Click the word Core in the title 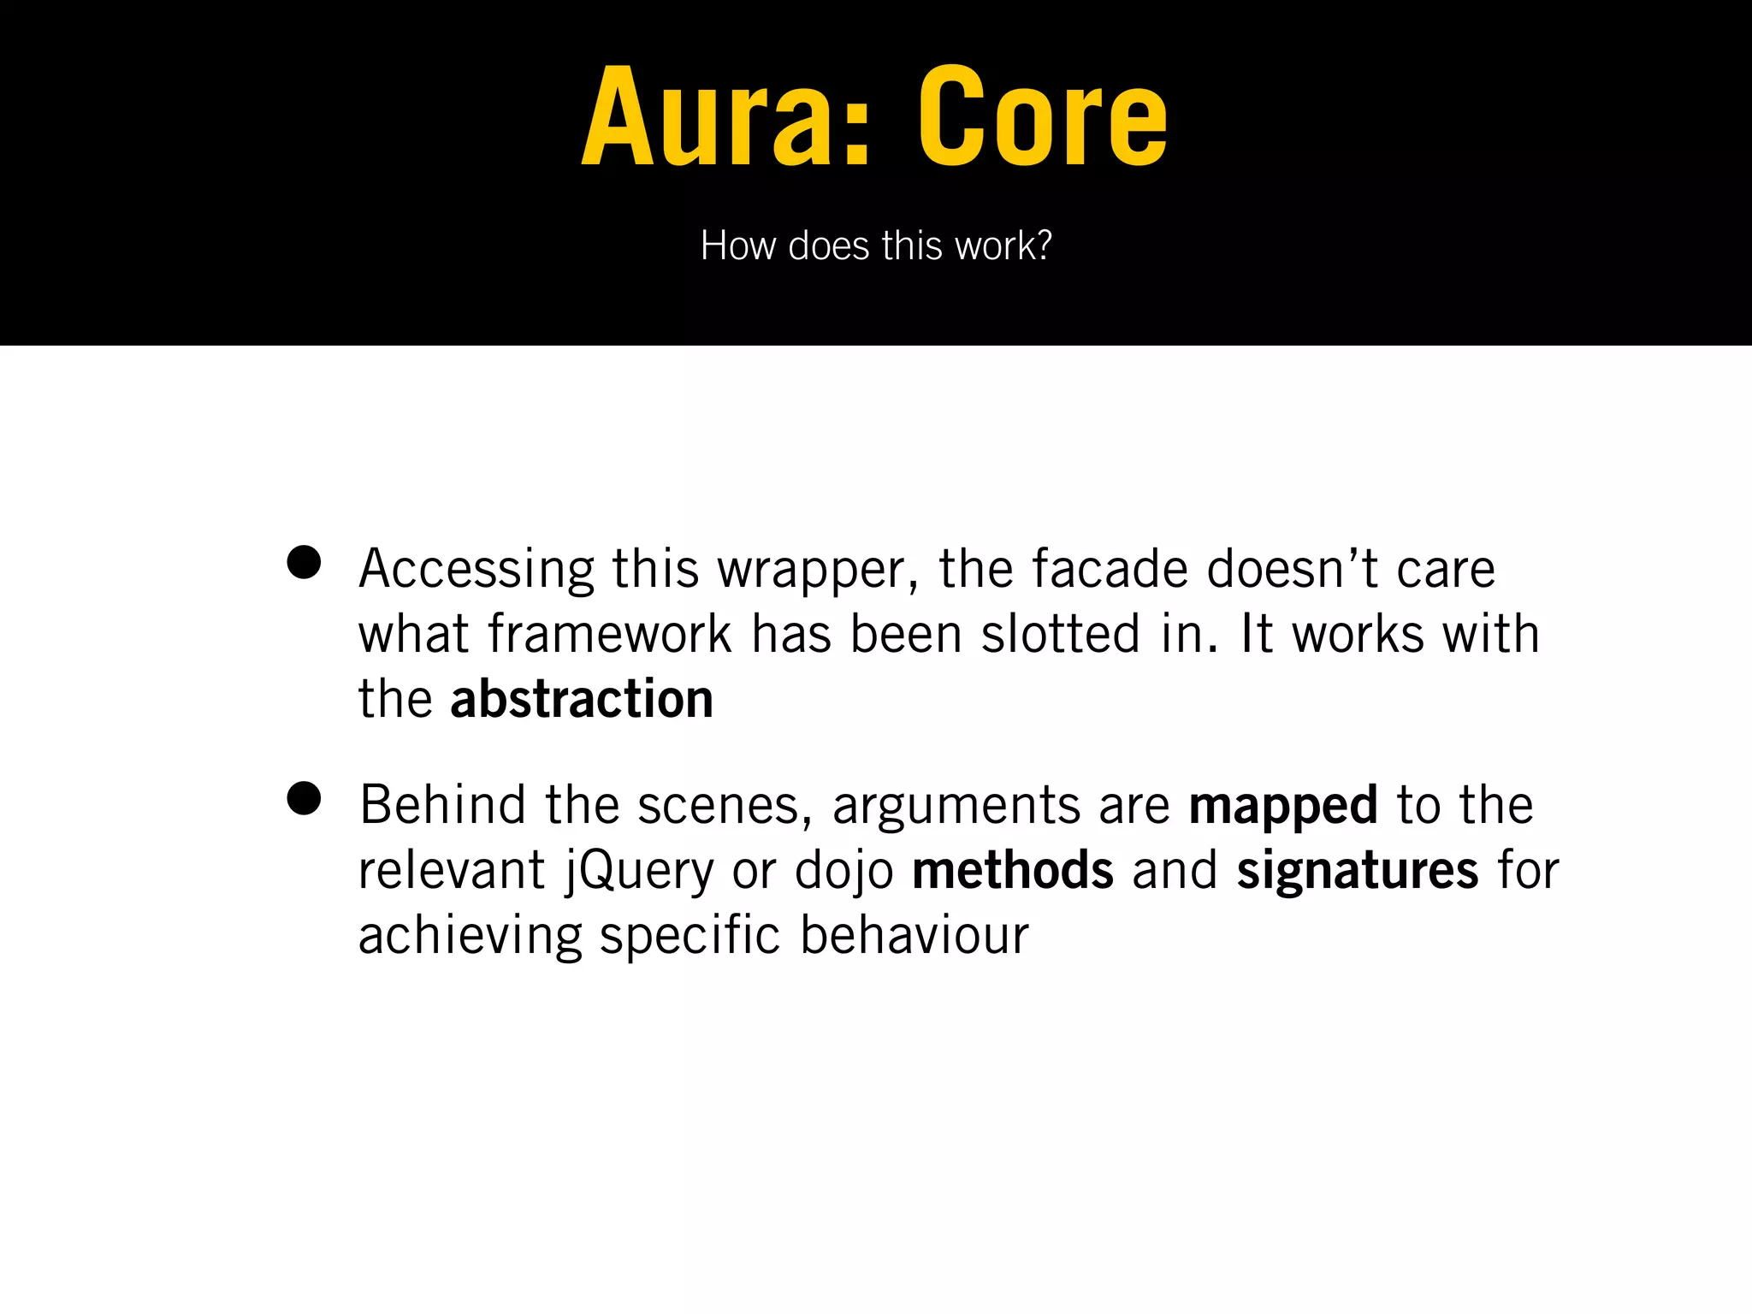point(1042,117)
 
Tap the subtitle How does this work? point(875,246)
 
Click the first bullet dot point(304,563)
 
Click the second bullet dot point(304,798)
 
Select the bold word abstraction point(582,699)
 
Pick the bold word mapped point(1282,806)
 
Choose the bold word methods point(1013,870)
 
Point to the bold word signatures point(1357,871)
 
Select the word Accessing point(476,570)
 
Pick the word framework point(610,634)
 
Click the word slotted point(1061,634)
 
